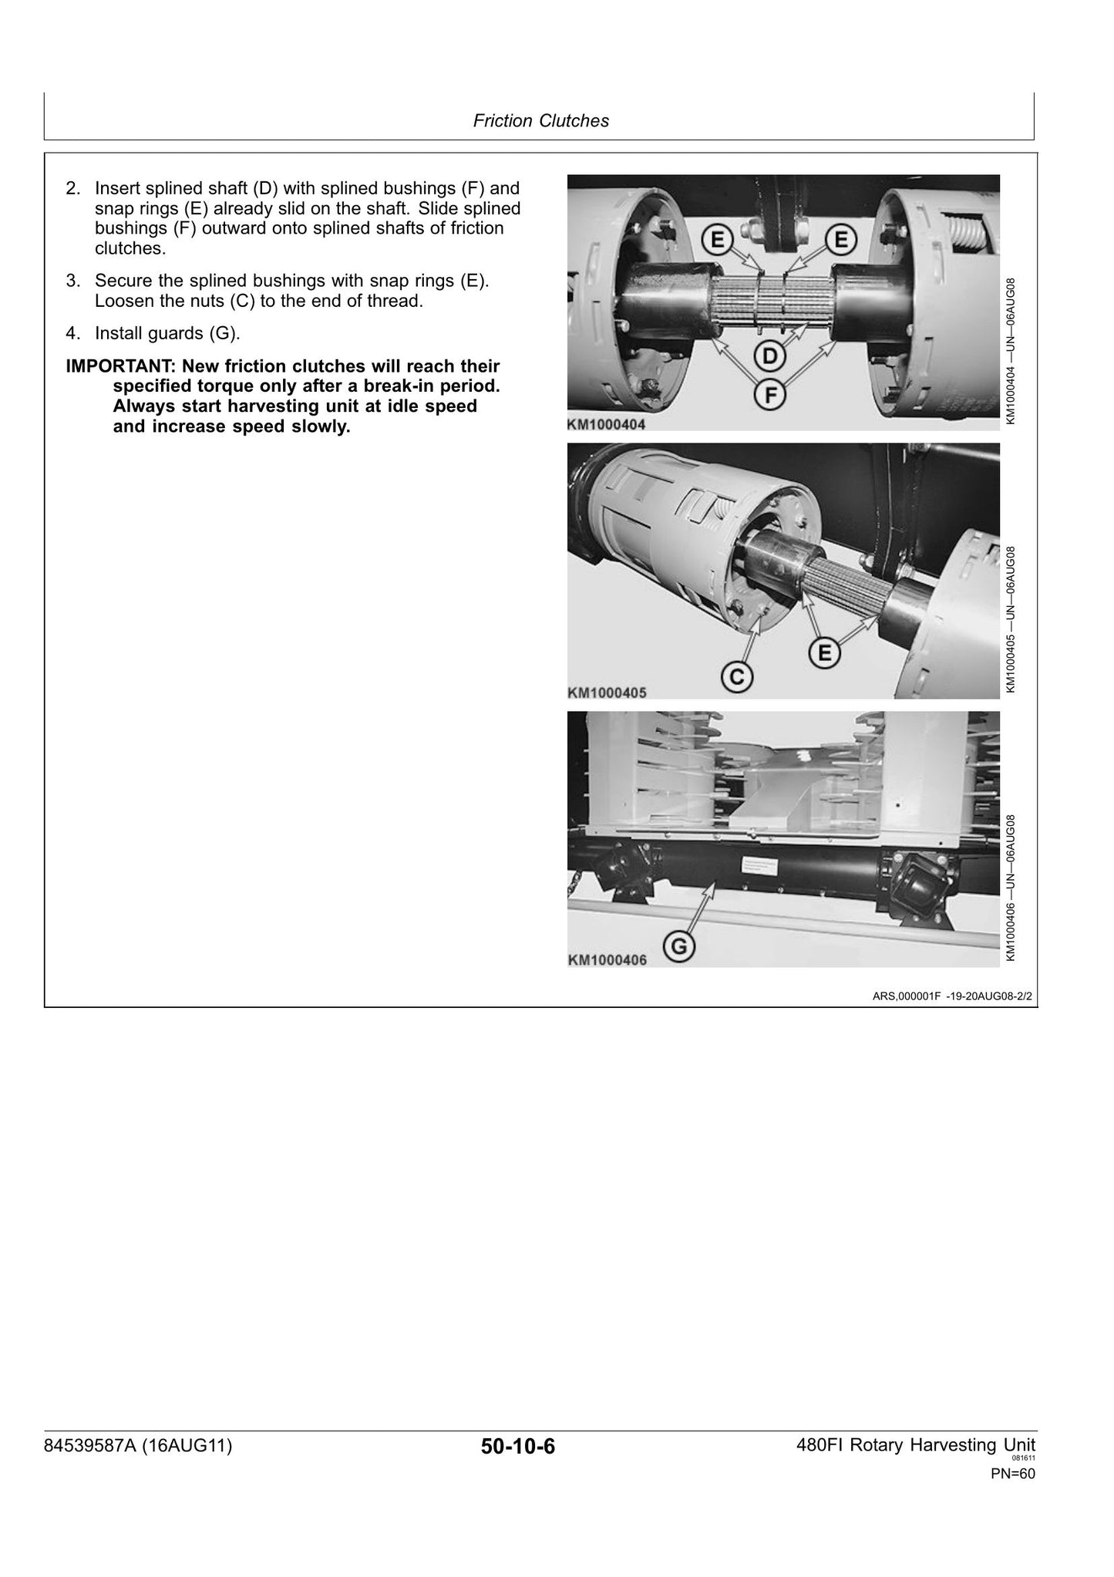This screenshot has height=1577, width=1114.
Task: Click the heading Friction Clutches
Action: coord(540,121)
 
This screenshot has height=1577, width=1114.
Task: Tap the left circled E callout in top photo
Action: coord(718,241)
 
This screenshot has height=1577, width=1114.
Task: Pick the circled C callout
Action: coord(737,676)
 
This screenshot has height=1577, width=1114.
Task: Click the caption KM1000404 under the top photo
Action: coord(607,424)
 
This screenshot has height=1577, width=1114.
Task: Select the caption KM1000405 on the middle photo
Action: coord(607,692)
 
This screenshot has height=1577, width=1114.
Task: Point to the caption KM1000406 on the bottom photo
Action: coord(607,960)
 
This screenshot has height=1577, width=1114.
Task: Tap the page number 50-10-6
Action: coord(518,1447)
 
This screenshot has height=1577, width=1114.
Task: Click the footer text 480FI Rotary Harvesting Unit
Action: coord(916,1445)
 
